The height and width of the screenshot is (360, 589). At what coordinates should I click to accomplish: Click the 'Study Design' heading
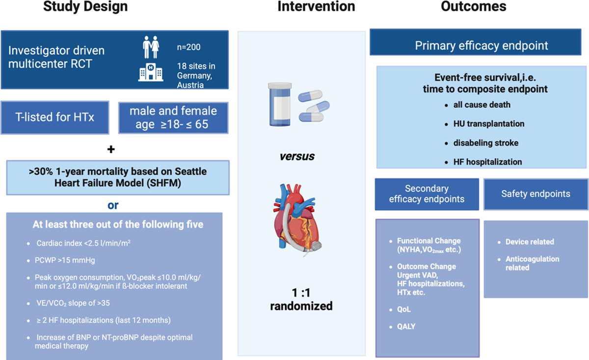click(x=85, y=7)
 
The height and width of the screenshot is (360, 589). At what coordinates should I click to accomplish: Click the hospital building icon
click(x=151, y=73)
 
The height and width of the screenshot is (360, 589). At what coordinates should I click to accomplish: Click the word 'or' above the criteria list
click(x=113, y=205)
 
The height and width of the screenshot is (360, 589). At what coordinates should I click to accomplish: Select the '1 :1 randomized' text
click(x=301, y=300)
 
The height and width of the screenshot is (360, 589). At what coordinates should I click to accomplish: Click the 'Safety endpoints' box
click(x=535, y=194)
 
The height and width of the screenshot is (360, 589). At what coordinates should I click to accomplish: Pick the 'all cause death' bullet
click(x=482, y=105)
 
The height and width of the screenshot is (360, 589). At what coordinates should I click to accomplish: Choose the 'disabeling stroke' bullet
click(x=486, y=143)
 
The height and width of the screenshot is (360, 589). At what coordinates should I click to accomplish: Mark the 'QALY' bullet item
click(x=406, y=326)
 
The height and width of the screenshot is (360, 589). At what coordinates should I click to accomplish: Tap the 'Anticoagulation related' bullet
click(x=532, y=263)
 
